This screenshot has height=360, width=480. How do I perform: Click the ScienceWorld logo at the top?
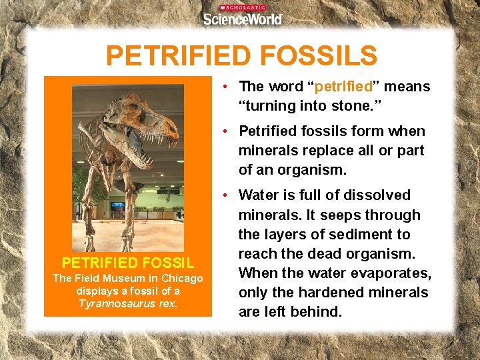(243, 16)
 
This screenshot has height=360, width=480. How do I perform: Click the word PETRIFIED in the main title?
(177, 57)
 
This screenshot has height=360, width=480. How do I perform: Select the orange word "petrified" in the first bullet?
(343, 87)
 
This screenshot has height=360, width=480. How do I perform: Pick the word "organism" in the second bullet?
(311, 170)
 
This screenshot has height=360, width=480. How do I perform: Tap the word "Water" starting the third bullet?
(258, 195)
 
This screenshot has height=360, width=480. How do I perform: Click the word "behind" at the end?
(318, 312)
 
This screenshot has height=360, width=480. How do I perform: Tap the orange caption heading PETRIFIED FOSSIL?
(127, 263)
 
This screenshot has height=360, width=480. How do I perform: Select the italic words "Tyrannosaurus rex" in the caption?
(127, 304)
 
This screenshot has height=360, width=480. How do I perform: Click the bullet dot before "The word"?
(227, 87)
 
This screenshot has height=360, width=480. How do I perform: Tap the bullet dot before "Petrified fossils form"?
(227, 131)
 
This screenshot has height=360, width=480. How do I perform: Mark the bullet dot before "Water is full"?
(227, 195)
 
